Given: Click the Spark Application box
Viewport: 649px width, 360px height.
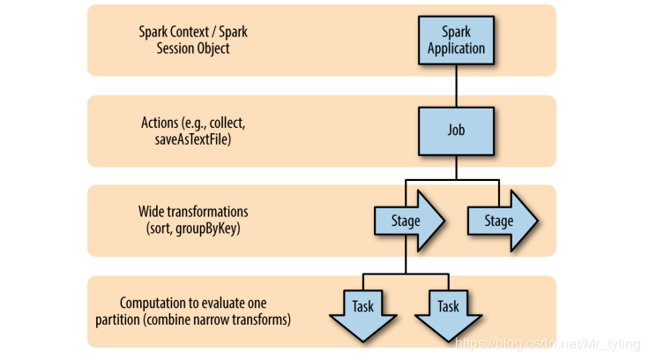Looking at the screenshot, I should point(456,40).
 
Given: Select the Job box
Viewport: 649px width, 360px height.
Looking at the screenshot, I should point(456,131).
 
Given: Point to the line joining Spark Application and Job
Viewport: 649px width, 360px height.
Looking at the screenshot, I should point(456,85).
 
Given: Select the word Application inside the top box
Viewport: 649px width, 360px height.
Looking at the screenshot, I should point(456,49).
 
